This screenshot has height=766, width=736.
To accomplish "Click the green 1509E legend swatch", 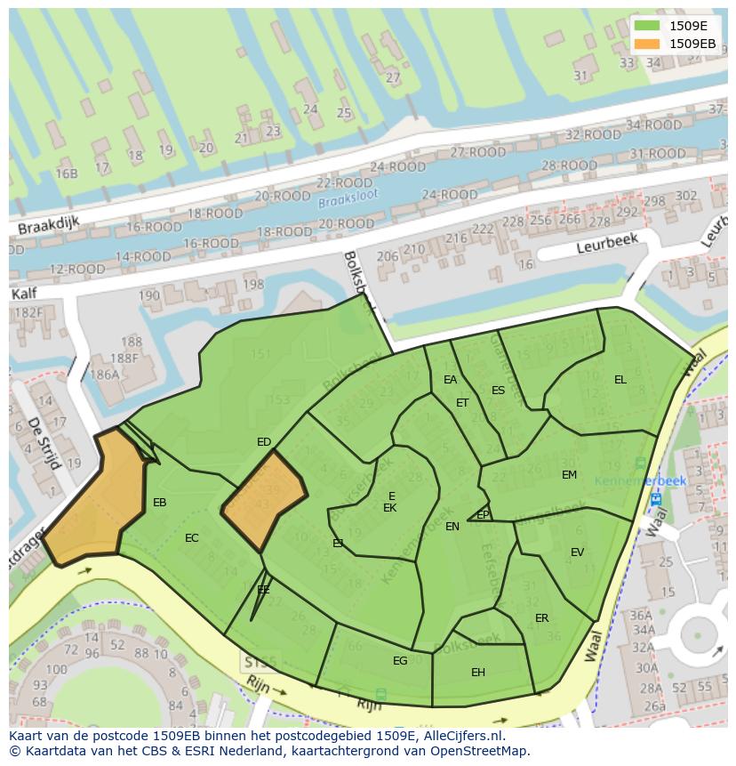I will point(647,26).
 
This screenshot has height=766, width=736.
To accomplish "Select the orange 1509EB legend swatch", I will point(647,43).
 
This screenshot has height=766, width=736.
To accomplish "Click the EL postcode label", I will point(620,380).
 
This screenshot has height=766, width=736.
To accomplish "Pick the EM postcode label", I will point(569,475).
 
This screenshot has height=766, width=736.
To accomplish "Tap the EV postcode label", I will point(577,552).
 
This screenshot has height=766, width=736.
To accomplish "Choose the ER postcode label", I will point(541,618).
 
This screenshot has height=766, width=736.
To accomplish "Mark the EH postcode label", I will point(478,673).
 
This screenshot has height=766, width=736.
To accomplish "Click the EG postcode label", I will point(400,660).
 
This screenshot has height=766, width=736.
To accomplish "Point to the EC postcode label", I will point(192,538).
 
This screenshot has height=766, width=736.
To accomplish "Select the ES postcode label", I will point(498,391).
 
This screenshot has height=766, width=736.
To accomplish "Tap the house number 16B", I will point(67,173).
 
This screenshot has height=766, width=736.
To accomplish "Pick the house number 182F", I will point(28,312).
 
